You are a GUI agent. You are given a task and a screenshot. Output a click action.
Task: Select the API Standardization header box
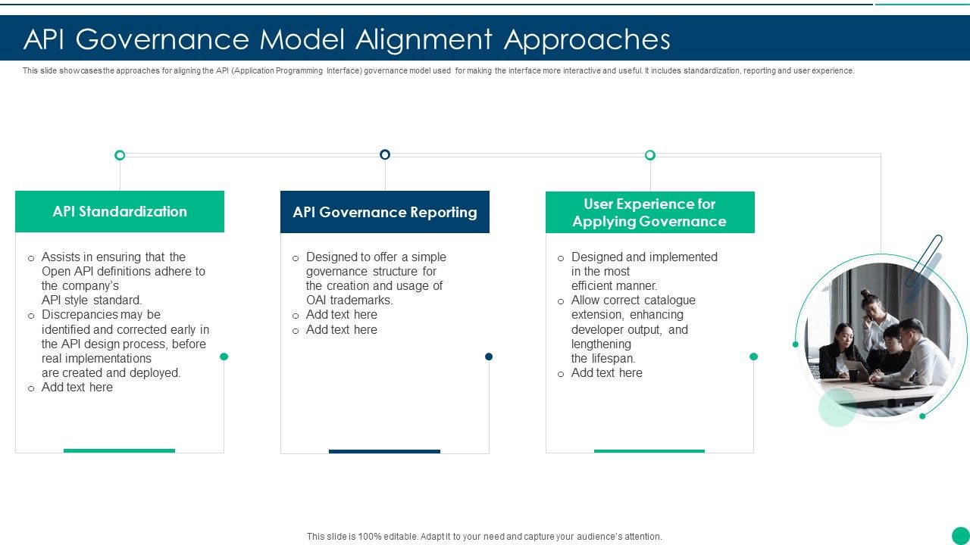[120, 211]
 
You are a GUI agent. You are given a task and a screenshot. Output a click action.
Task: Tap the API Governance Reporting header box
[385, 212]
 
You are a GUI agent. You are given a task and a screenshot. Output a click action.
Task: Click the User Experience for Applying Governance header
[649, 213]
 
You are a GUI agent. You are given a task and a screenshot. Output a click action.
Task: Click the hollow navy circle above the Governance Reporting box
[385, 154]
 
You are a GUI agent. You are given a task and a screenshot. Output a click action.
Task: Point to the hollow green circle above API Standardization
[120, 155]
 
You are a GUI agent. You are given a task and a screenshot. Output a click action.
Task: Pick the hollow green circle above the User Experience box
[649, 155]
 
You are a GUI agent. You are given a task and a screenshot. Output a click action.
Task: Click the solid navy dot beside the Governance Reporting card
[489, 357]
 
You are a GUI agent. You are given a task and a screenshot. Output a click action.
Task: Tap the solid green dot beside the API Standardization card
[224, 357]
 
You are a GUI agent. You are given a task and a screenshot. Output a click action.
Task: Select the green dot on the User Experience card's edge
[753, 357]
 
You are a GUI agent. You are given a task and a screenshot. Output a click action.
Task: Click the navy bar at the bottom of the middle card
[384, 451]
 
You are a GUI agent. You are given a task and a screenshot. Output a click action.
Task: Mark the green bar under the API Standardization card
[119, 450]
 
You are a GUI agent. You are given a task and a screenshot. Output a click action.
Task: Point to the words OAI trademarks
[349, 301]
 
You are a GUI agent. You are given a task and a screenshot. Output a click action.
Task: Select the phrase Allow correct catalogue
[633, 301]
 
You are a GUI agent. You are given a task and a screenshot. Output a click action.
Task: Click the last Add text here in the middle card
[341, 330]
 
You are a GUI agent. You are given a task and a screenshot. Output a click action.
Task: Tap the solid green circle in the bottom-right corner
[960, 535]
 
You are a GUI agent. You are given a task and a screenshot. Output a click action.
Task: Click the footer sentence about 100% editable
[484, 536]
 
